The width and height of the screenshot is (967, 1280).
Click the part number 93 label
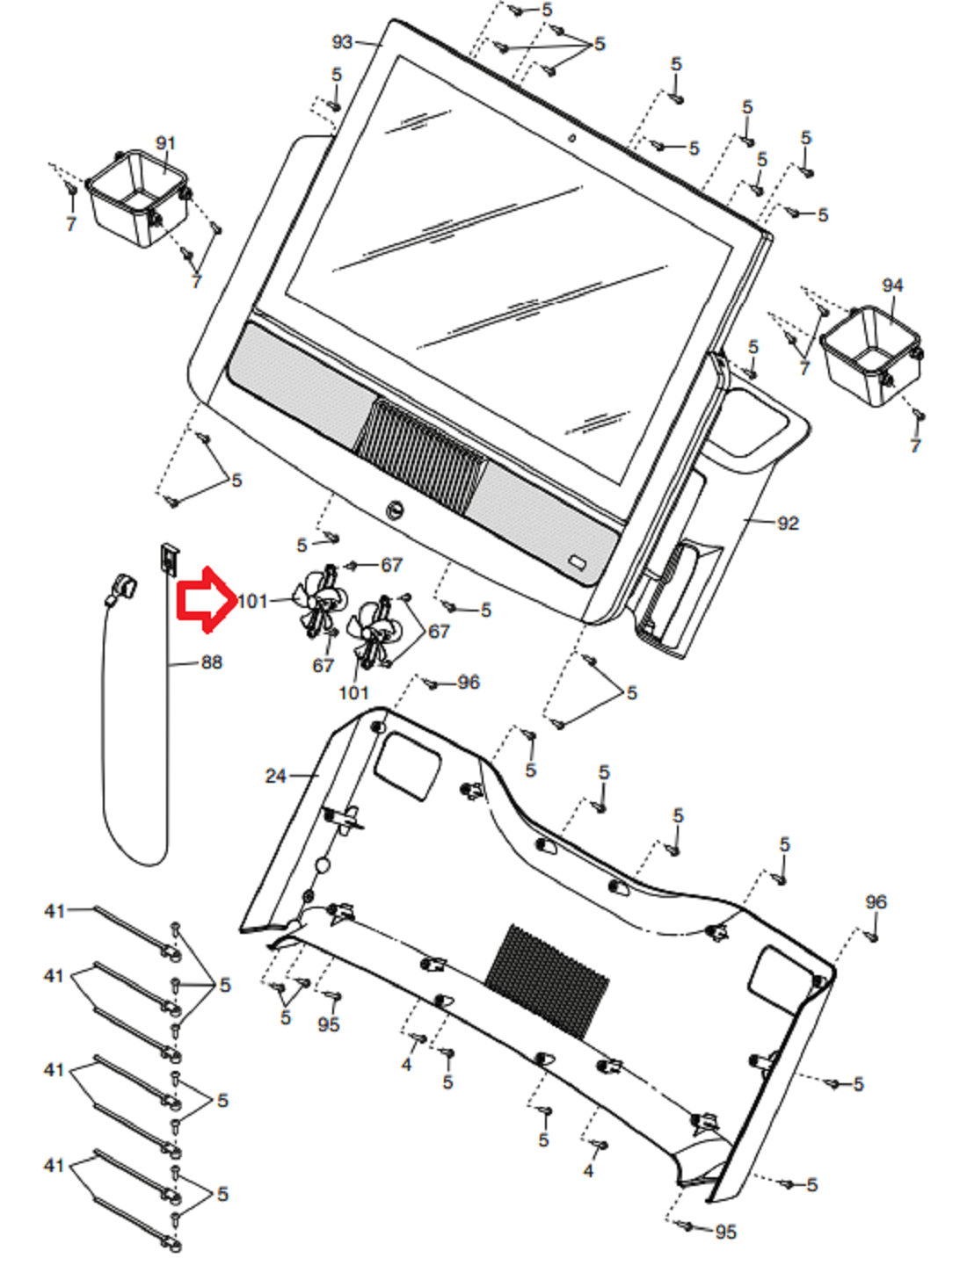342,42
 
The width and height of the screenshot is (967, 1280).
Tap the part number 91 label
166,143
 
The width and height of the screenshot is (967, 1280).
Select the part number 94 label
892,286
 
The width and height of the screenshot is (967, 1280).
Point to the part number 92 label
788,523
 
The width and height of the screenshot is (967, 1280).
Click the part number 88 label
211,662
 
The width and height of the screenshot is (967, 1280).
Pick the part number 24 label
275,776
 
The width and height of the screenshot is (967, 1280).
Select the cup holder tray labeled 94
871,355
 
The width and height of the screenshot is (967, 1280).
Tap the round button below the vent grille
396,510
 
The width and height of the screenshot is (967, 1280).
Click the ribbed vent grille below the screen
420,449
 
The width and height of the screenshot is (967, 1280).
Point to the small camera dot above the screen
572,138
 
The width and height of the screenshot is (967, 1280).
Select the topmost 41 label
55,911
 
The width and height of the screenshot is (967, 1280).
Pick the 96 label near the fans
468,682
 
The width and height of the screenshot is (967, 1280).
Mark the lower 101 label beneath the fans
353,692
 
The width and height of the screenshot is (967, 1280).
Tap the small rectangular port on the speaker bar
578,561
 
